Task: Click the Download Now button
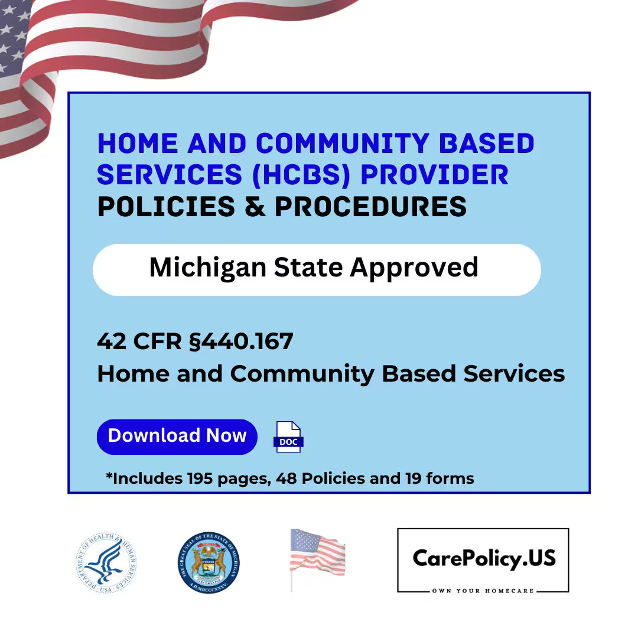click(x=177, y=437)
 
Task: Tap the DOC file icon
click(x=288, y=437)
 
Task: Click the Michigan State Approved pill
click(x=317, y=269)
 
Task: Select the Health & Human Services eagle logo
click(x=107, y=562)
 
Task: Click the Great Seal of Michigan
click(x=209, y=562)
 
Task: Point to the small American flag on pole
click(x=317, y=556)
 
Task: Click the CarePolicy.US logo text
click(x=483, y=558)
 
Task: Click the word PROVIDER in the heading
click(x=434, y=175)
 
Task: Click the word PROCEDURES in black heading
click(x=370, y=207)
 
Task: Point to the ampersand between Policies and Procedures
click(x=255, y=207)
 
